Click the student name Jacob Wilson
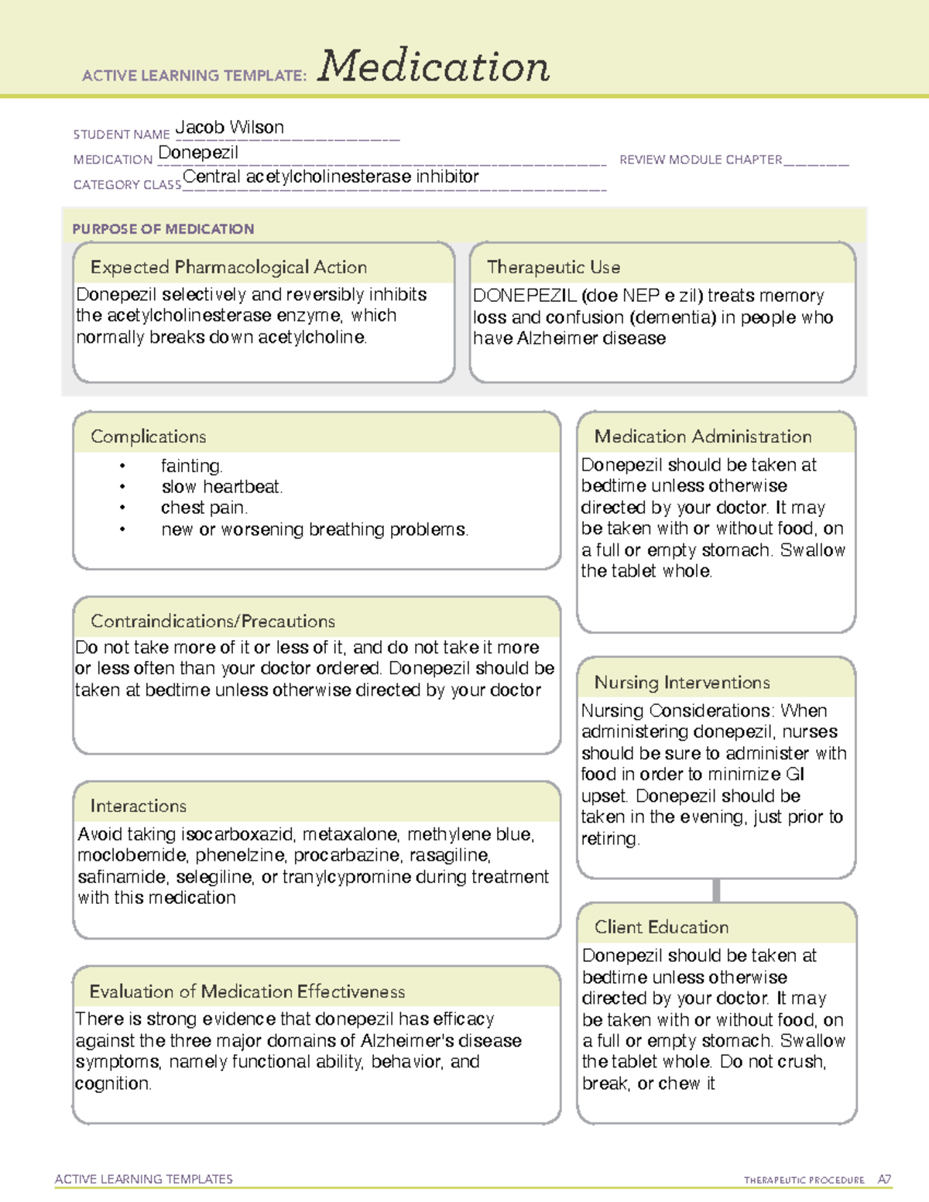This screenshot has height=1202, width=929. [x=229, y=128]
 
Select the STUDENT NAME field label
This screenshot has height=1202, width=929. [x=122, y=135]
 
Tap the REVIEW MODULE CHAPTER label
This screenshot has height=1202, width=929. [x=701, y=159]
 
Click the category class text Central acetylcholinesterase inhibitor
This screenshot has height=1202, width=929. [x=331, y=177]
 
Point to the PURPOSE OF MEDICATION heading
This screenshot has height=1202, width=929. [x=163, y=229]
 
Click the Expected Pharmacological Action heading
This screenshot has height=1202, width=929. [x=228, y=267]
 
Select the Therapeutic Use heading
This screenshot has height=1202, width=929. [x=554, y=267]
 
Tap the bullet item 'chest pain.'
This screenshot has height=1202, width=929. [x=204, y=508]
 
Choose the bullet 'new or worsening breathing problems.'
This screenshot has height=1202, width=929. [x=314, y=529]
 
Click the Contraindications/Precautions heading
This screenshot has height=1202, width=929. [x=213, y=622]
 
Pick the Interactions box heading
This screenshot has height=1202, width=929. [x=139, y=806]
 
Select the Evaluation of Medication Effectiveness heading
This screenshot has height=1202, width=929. [x=247, y=991]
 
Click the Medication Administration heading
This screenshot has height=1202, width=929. [x=703, y=437]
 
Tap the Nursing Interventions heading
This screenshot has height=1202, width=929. [x=682, y=683]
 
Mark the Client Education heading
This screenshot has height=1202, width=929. [x=662, y=927]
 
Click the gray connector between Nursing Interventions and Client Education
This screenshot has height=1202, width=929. [x=716, y=890]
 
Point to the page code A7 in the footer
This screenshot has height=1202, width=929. [x=884, y=1180]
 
